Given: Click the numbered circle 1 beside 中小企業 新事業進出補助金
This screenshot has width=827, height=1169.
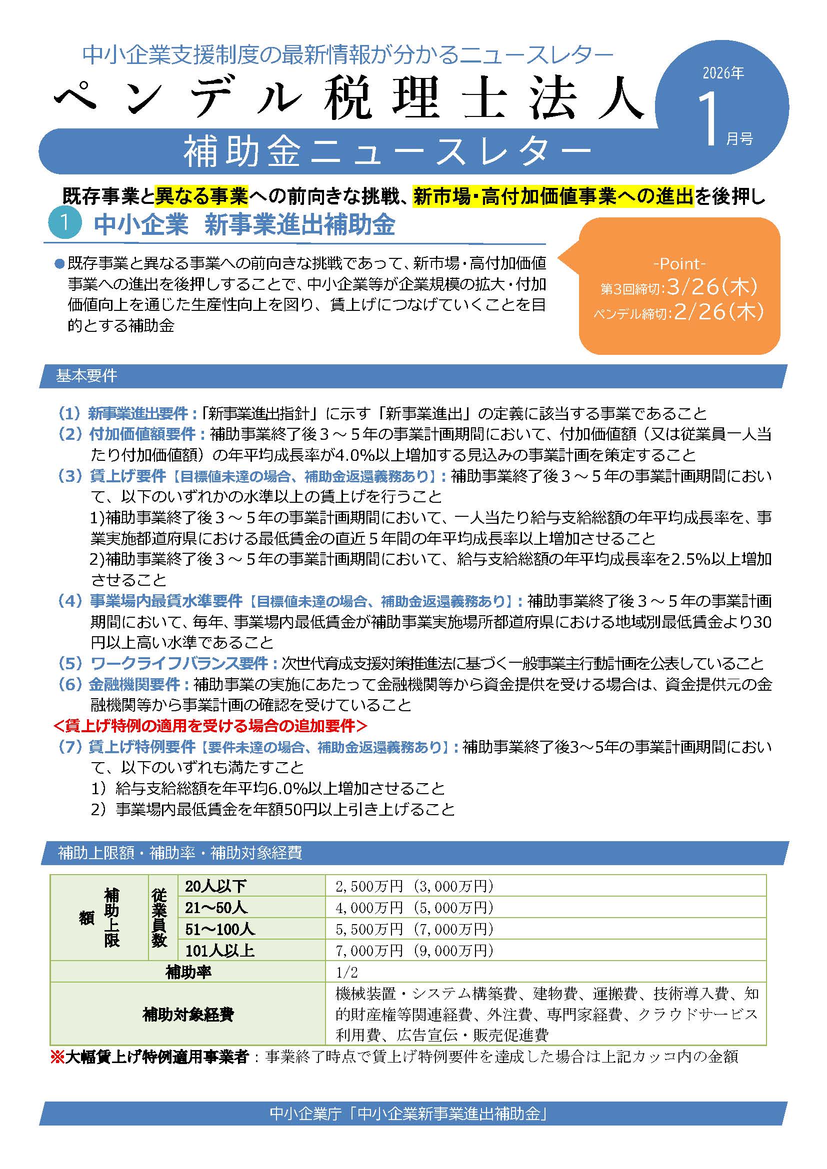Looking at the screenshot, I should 64,225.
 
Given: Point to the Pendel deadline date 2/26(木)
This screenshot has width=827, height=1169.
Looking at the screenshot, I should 718,312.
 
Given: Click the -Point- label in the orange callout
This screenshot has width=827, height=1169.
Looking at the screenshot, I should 679,264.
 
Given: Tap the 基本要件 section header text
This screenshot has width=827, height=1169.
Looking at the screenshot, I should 86,376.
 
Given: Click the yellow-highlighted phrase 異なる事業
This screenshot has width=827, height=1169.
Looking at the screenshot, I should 201,196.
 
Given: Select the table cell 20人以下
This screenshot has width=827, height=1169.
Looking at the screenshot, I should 215,887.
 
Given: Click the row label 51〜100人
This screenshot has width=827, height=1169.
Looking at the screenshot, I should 219,930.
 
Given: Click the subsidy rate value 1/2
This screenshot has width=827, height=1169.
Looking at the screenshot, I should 347,973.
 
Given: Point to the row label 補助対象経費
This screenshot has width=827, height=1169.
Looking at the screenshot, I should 188,1015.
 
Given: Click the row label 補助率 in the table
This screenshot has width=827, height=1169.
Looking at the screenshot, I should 188,973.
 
